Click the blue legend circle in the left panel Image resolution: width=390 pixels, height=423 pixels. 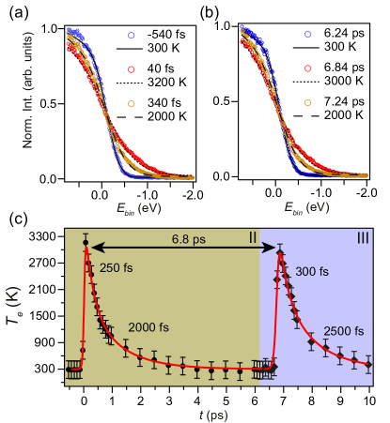[132, 36]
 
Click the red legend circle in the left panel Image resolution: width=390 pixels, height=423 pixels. [132, 69]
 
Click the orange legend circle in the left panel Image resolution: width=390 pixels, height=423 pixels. [132, 103]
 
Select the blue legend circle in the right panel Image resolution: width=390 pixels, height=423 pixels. [307, 35]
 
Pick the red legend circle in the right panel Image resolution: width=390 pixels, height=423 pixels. [307, 68]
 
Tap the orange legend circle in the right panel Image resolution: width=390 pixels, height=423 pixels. [307, 102]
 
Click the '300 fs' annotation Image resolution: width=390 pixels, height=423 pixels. [311, 271]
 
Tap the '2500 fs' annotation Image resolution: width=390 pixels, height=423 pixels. [345, 331]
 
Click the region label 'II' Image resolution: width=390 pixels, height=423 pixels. [253, 238]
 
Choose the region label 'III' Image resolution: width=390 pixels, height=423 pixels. [363, 238]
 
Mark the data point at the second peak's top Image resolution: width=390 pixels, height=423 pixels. [279, 249]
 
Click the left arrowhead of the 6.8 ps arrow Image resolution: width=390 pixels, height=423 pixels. [93, 249]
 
